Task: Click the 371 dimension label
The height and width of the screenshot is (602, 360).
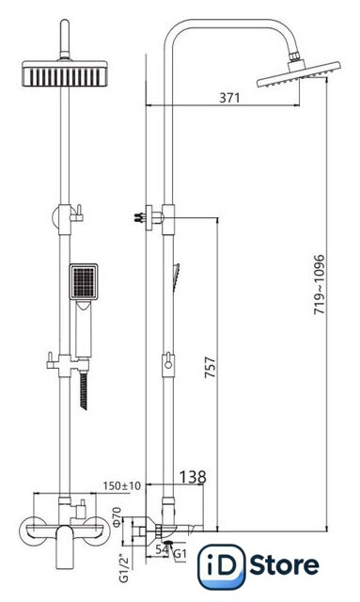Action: tap(229, 98)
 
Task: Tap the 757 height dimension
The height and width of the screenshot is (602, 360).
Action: tap(210, 368)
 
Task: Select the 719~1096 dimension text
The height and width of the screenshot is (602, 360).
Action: tap(320, 284)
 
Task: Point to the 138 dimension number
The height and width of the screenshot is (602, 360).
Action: tap(193, 477)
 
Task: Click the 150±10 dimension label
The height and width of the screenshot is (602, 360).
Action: tap(122, 485)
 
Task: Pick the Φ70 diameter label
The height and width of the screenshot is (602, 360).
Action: tap(117, 516)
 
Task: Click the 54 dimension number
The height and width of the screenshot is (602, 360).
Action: tap(162, 549)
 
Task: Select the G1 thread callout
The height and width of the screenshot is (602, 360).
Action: tap(180, 554)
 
